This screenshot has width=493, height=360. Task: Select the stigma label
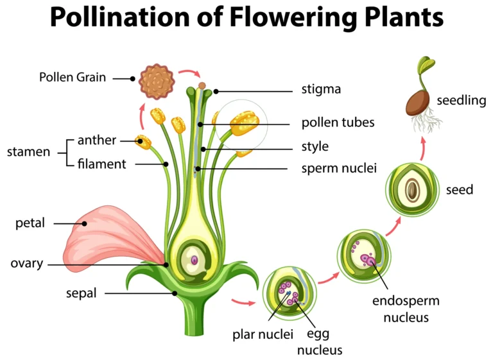pyautogui.click(x=321, y=89)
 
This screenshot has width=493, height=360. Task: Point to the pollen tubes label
pyautogui.click(x=338, y=122)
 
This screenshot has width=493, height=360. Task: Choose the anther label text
pyautogui.click(x=96, y=140)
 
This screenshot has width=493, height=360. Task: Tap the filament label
pyautogui.click(x=101, y=164)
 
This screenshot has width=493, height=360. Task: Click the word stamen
pyautogui.click(x=28, y=152)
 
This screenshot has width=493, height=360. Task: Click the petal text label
pyautogui.click(x=30, y=223)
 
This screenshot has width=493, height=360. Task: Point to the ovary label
pyautogui.click(x=27, y=263)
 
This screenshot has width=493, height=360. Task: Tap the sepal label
pyautogui.click(x=81, y=293)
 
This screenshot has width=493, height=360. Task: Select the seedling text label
pyautogui.click(x=462, y=100)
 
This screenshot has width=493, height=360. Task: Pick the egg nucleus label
pyautogui.click(x=319, y=342)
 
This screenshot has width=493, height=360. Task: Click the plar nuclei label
pyautogui.click(x=263, y=334)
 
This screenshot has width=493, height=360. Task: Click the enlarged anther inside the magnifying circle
pyautogui.click(x=243, y=123)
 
